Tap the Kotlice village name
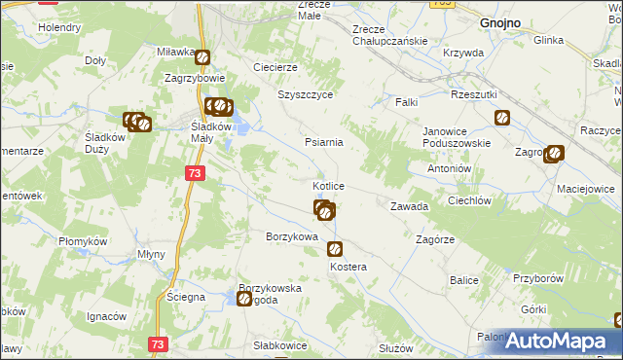pos(327,185)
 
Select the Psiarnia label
pos(323,142)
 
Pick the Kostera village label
pos(348,267)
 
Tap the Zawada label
pos(409,206)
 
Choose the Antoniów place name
pos(450,167)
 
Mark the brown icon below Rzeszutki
pos(502,119)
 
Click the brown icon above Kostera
pos(335,249)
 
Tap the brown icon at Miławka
pos(202,58)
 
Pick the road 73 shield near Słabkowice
pos(160,343)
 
